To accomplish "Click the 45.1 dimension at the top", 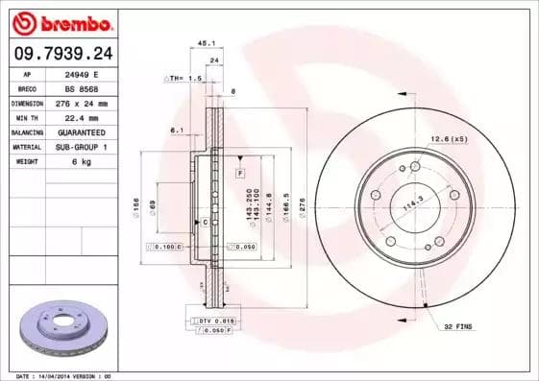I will point(205,42).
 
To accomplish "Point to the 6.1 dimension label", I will point(177,130).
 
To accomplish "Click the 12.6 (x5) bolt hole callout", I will point(448,140).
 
